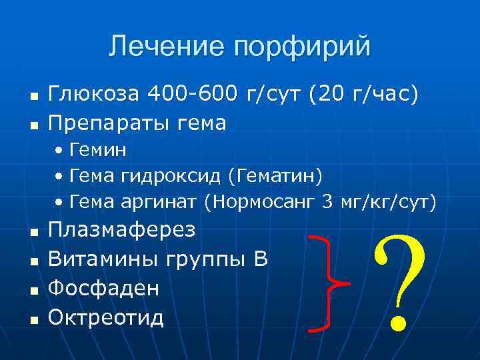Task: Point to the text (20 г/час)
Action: click(363, 95)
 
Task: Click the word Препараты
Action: click(106, 123)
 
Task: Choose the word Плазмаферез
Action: click(122, 230)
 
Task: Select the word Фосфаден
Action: click(104, 288)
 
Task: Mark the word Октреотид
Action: click(107, 317)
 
